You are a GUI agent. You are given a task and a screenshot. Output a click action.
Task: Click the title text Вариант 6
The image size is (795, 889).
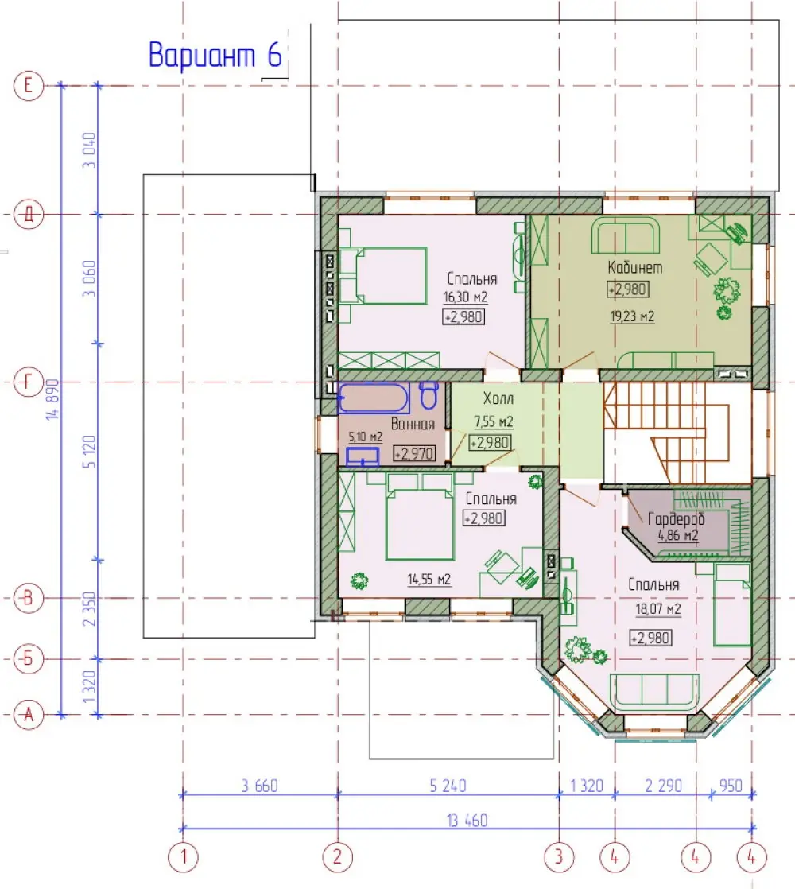point(215,55)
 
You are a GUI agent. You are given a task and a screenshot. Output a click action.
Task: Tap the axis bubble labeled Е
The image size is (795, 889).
point(29,86)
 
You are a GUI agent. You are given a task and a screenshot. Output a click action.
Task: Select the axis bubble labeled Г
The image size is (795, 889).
point(29,382)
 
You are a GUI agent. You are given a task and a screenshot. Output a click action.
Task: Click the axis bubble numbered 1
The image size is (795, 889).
point(183,856)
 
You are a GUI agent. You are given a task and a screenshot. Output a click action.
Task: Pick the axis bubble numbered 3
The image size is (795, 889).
point(559,856)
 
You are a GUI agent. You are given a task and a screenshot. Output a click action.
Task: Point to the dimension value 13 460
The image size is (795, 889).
point(467,821)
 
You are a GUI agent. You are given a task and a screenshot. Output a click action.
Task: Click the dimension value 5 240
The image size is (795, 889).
point(448,786)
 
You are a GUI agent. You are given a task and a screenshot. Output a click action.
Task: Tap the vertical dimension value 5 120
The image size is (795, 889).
point(90,452)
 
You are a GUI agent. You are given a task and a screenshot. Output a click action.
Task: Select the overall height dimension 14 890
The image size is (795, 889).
point(52,399)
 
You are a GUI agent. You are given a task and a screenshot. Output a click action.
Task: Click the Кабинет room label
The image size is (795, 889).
point(634,267)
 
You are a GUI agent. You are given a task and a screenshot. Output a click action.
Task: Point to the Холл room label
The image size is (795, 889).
point(498,398)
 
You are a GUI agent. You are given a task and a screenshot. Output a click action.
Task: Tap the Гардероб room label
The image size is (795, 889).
point(676,518)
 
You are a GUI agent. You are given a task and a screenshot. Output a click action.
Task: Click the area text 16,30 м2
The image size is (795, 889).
point(465,297)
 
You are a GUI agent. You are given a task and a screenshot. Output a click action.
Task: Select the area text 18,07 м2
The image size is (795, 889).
point(658,609)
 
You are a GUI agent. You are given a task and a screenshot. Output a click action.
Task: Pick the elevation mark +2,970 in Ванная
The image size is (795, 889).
point(415,453)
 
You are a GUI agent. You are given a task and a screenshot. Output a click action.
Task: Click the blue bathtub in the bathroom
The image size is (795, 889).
point(374,398)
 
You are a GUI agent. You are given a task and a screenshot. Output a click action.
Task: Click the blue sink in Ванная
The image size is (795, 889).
point(362,457)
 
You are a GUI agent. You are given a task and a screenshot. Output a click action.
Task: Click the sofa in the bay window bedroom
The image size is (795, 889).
point(654,692)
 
